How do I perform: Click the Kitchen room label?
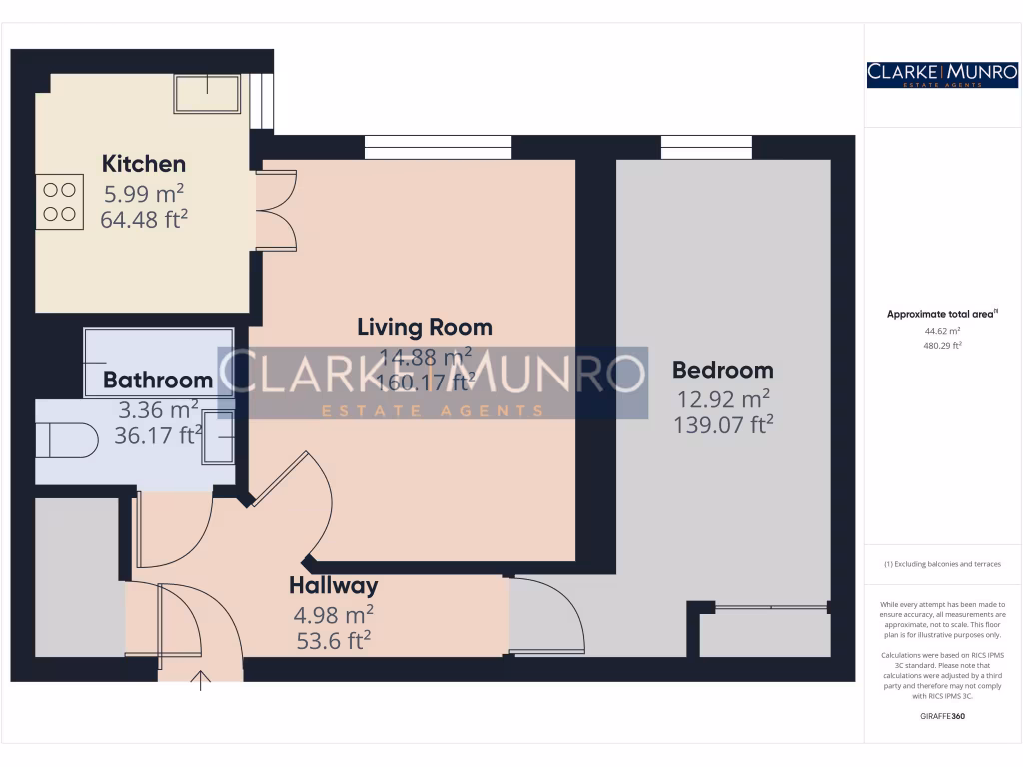click(x=144, y=163)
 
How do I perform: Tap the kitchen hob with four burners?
click(x=59, y=201)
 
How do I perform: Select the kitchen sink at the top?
click(x=207, y=93)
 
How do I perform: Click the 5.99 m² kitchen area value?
click(x=144, y=193)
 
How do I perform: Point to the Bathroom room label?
click(x=158, y=380)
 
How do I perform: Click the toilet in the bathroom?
click(x=64, y=437)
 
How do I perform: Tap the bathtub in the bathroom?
click(x=158, y=350)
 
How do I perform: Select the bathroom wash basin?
click(x=219, y=436)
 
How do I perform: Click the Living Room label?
click(x=425, y=327)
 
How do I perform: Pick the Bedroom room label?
click(x=722, y=370)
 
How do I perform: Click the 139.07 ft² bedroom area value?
click(x=724, y=425)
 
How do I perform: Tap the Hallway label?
click(x=333, y=585)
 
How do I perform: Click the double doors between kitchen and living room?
click(x=277, y=211)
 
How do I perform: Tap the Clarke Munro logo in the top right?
click(x=942, y=74)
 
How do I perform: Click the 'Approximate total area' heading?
click(x=942, y=314)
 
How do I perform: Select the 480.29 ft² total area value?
click(x=942, y=345)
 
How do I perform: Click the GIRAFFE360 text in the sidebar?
click(x=942, y=716)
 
